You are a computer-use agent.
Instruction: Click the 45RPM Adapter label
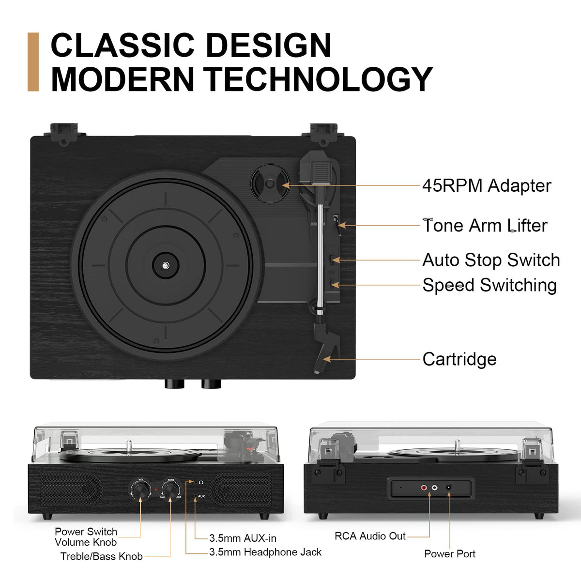click(486, 185)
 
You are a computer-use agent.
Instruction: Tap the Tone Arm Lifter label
click(485, 226)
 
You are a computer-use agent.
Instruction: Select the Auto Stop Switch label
click(491, 260)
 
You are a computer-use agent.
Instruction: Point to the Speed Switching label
click(489, 285)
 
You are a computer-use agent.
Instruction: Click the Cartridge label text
click(459, 359)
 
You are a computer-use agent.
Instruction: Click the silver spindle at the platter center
click(165, 266)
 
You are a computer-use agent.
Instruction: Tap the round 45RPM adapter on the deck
click(270, 183)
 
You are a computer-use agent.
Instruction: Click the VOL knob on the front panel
click(140, 489)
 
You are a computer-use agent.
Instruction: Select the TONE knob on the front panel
click(170, 489)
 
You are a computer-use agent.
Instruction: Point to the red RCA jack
click(424, 487)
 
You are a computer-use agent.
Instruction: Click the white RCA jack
click(434, 487)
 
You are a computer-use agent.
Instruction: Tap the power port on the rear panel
click(449, 487)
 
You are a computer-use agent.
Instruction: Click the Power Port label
click(449, 553)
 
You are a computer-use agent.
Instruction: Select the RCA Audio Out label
click(370, 536)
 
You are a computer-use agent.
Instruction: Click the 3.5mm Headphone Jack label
click(265, 552)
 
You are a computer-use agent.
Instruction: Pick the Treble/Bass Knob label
click(101, 556)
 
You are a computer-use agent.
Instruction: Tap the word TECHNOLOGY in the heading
click(318, 79)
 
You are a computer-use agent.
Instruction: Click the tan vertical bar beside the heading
click(33, 62)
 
